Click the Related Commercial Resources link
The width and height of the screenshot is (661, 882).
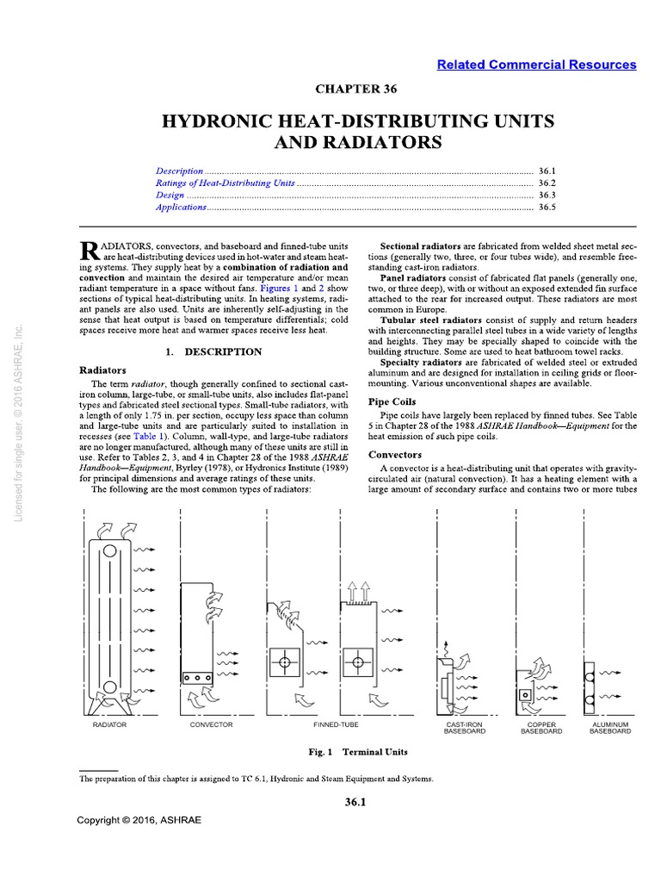coord(536,65)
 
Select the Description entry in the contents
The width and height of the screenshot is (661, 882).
coord(180,171)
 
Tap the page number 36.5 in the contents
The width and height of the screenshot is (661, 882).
coord(547,208)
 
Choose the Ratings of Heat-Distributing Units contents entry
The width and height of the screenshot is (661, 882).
coord(225,183)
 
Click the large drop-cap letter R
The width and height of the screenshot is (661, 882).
coord(89,251)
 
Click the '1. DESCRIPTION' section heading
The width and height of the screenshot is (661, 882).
coord(213,351)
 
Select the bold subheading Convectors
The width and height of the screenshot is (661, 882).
coord(395,454)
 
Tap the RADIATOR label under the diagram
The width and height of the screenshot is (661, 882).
coord(109,724)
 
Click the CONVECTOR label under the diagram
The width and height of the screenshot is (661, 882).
coord(211,724)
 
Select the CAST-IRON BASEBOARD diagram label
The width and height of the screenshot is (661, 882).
coord(464,728)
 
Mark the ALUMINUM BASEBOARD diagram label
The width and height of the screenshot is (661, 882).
coord(610,728)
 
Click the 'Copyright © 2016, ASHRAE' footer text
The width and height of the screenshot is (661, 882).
coord(139,820)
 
